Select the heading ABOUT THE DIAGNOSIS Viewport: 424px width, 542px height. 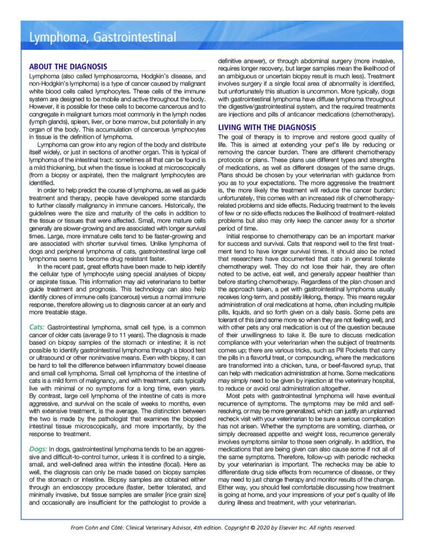(68, 67)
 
